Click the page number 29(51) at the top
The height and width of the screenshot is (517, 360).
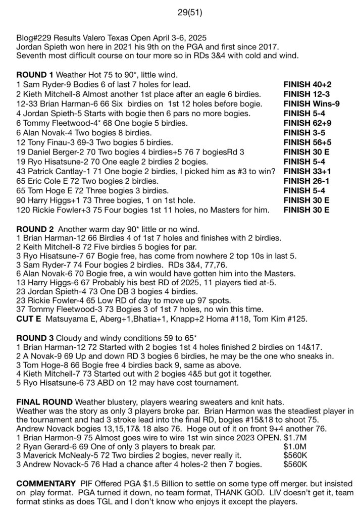pos(189,13)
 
